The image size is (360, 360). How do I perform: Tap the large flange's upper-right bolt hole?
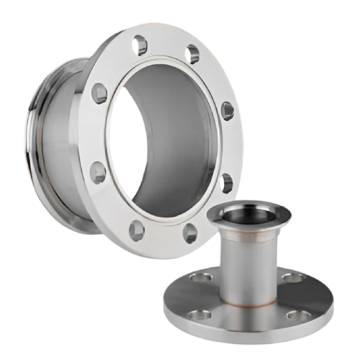[x=193, y=54]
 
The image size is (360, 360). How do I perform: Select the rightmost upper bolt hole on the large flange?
[x=227, y=109]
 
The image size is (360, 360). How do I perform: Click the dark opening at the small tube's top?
[x=246, y=215]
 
